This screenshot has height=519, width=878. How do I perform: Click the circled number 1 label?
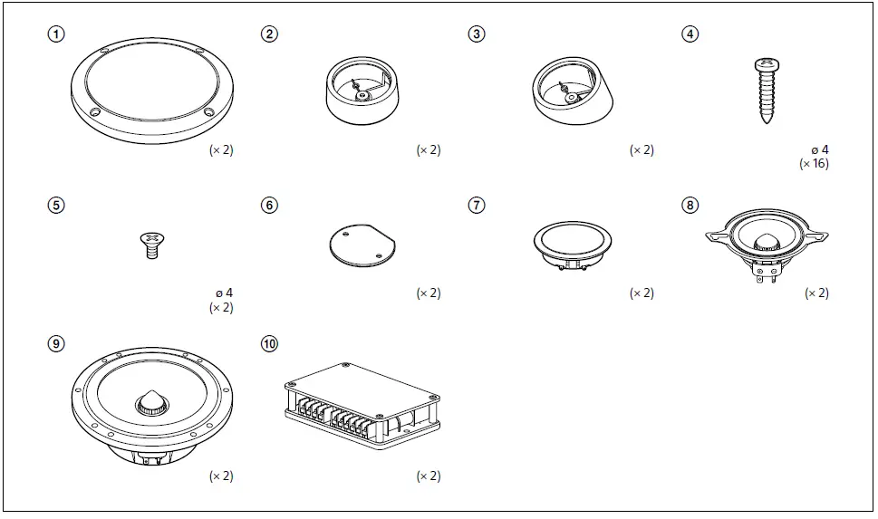pyautogui.click(x=57, y=34)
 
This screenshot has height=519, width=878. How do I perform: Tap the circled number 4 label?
pyautogui.click(x=690, y=34)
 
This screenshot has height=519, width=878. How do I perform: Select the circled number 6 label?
pyautogui.click(x=269, y=205)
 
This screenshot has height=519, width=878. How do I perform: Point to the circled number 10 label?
pyautogui.click(x=269, y=344)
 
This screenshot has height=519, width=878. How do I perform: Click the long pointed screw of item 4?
pyautogui.click(x=766, y=93)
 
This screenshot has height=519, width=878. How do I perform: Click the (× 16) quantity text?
pyautogui.click(x=813, y=164)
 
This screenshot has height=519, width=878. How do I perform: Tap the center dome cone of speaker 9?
pyautogui.click(x=151, y=402)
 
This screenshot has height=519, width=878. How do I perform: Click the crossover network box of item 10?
pyautogui.click(x=362, y=403)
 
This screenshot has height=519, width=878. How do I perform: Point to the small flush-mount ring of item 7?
pyautogui.click(x=571, y=243)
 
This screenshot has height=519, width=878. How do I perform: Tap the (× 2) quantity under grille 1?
pyautogui.click(x=221, y=150)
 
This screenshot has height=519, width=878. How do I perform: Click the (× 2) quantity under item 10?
pyautogui.click(x=429, y=476)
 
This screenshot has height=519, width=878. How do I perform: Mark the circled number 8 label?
pyautogui.click(x=690, y=205)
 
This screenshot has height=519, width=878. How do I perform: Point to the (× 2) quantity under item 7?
pyautogui.click(x=642, y=293)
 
